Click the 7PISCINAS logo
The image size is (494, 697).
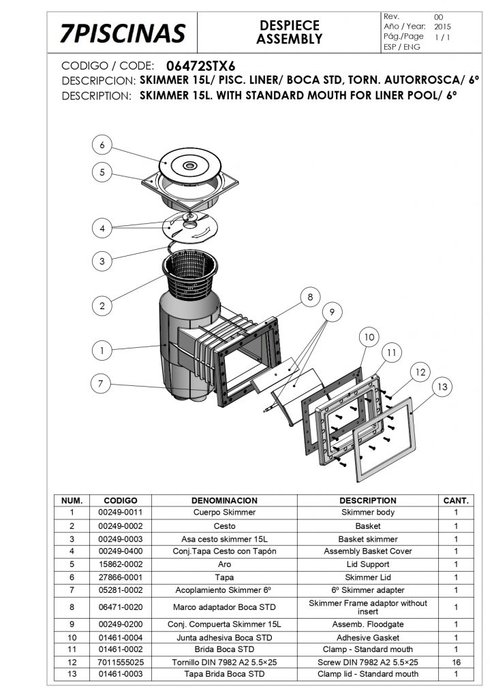(123, 33)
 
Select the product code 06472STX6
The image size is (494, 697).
(201, 66)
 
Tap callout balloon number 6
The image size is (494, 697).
(102, 145)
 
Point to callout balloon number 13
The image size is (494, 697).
(442, 387)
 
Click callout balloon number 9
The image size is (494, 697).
(332, 312)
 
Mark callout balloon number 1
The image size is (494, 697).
(102, 351)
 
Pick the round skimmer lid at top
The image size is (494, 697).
(190, 165)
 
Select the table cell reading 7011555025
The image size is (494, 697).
(121, 662)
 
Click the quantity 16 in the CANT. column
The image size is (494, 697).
(456, 662)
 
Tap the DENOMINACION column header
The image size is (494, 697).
(224, 500)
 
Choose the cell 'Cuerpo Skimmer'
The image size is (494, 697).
(224, 512)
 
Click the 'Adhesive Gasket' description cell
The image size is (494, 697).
(368, 637)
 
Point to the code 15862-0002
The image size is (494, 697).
(121, 564)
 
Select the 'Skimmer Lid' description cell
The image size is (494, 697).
(368, 577)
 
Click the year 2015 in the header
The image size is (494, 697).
(442, 27)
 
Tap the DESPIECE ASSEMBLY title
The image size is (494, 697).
(290, 32)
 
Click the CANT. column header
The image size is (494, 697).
(456, 500)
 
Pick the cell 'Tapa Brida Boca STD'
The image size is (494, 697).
(224, 674)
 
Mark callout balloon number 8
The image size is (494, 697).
(310, 297)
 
